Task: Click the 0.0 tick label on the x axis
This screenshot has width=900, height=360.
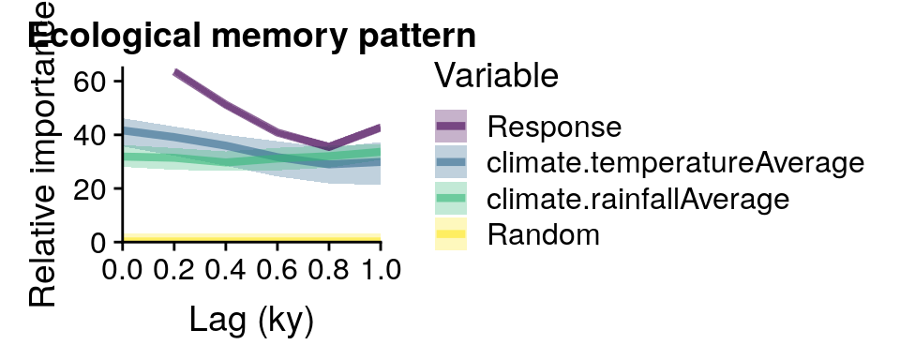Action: pos(123,270)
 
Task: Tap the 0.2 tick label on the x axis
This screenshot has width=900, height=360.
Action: pos(174,270)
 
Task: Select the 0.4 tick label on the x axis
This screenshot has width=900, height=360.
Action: pos(226,270)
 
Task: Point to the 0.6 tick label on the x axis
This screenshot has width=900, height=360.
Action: pos(277,270)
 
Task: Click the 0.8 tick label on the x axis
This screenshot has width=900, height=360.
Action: pos(329,270)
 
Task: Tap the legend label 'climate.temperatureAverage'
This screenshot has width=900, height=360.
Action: pos(675,162)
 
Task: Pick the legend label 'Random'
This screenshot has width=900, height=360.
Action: pos(543,234)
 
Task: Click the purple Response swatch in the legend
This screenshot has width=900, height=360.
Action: pos(450,126)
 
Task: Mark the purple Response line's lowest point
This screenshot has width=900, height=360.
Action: pos(328,146)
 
